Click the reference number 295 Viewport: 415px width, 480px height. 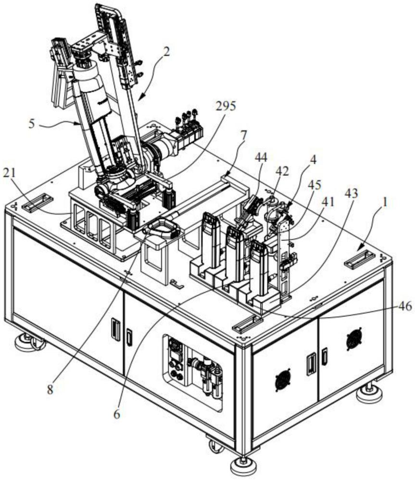point(226,106)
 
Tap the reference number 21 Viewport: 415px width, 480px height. point(10,173)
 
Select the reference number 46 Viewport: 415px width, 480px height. point(405,306)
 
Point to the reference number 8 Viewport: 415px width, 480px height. point(50,389)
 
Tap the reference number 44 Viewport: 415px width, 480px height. point(261,157)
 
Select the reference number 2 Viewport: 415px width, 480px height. point(166,51)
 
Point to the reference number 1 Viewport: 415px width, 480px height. point(386,202)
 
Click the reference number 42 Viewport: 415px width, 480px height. point(282,171)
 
